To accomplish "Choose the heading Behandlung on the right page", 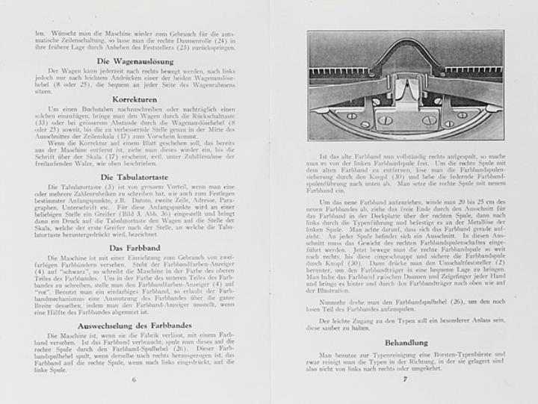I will coord(404,342).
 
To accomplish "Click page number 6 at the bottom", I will coord(134,379).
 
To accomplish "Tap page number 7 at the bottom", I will coord(404,379).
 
